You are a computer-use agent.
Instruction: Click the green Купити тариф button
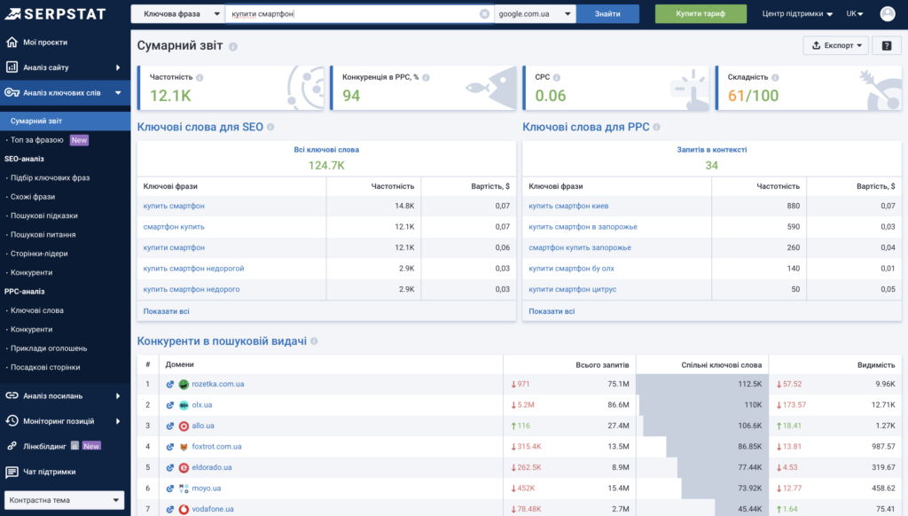[x=701, y=14]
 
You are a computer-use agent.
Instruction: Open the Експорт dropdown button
[x=835, y=46]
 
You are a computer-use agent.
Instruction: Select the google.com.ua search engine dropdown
[x=535, y=14]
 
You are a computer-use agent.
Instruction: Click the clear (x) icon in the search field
[x=484, y=14]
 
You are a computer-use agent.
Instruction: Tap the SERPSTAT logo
[x=55, y=14]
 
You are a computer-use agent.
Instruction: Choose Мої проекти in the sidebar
[x=44, y=43]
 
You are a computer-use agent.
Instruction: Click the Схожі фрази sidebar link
[x=33, y=197]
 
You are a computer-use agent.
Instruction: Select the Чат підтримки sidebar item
[x=49, y=472]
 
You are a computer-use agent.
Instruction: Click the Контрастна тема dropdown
[x=65, y=501]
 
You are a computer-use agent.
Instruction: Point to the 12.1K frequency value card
[x=170, y=96]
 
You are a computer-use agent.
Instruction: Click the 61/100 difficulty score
[x=753, y=96]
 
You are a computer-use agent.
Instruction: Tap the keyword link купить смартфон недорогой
[x=193, y=269]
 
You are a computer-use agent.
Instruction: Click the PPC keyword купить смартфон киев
[x=568, y=207]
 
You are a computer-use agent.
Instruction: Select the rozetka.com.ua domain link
[x=217, y=385]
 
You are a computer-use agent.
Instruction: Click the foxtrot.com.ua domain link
[x=216, y=447]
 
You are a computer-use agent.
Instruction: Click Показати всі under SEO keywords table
[x=166, y=311]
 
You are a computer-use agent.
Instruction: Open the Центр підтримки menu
[x=797, y=14]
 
